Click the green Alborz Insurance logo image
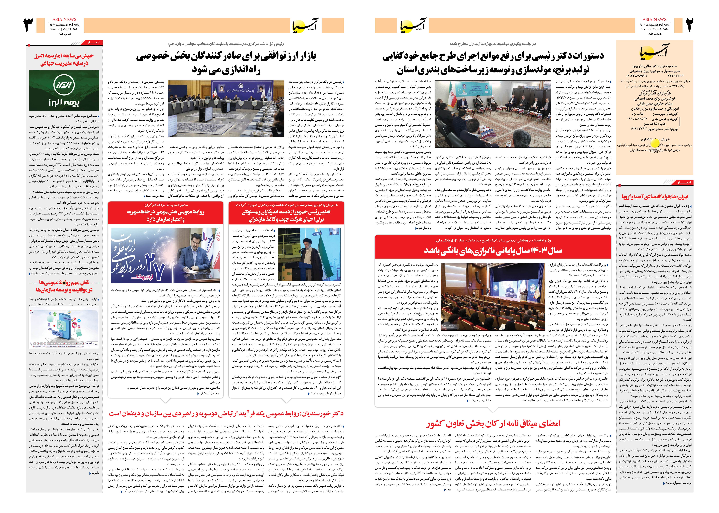click(64, 90)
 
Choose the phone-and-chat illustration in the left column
click(64, 327)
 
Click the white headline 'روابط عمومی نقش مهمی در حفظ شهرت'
click(165, 215)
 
